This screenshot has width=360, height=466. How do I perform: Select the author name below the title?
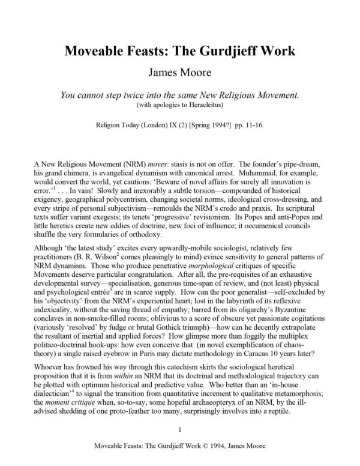pyautogui.click(x=180, y=56)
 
